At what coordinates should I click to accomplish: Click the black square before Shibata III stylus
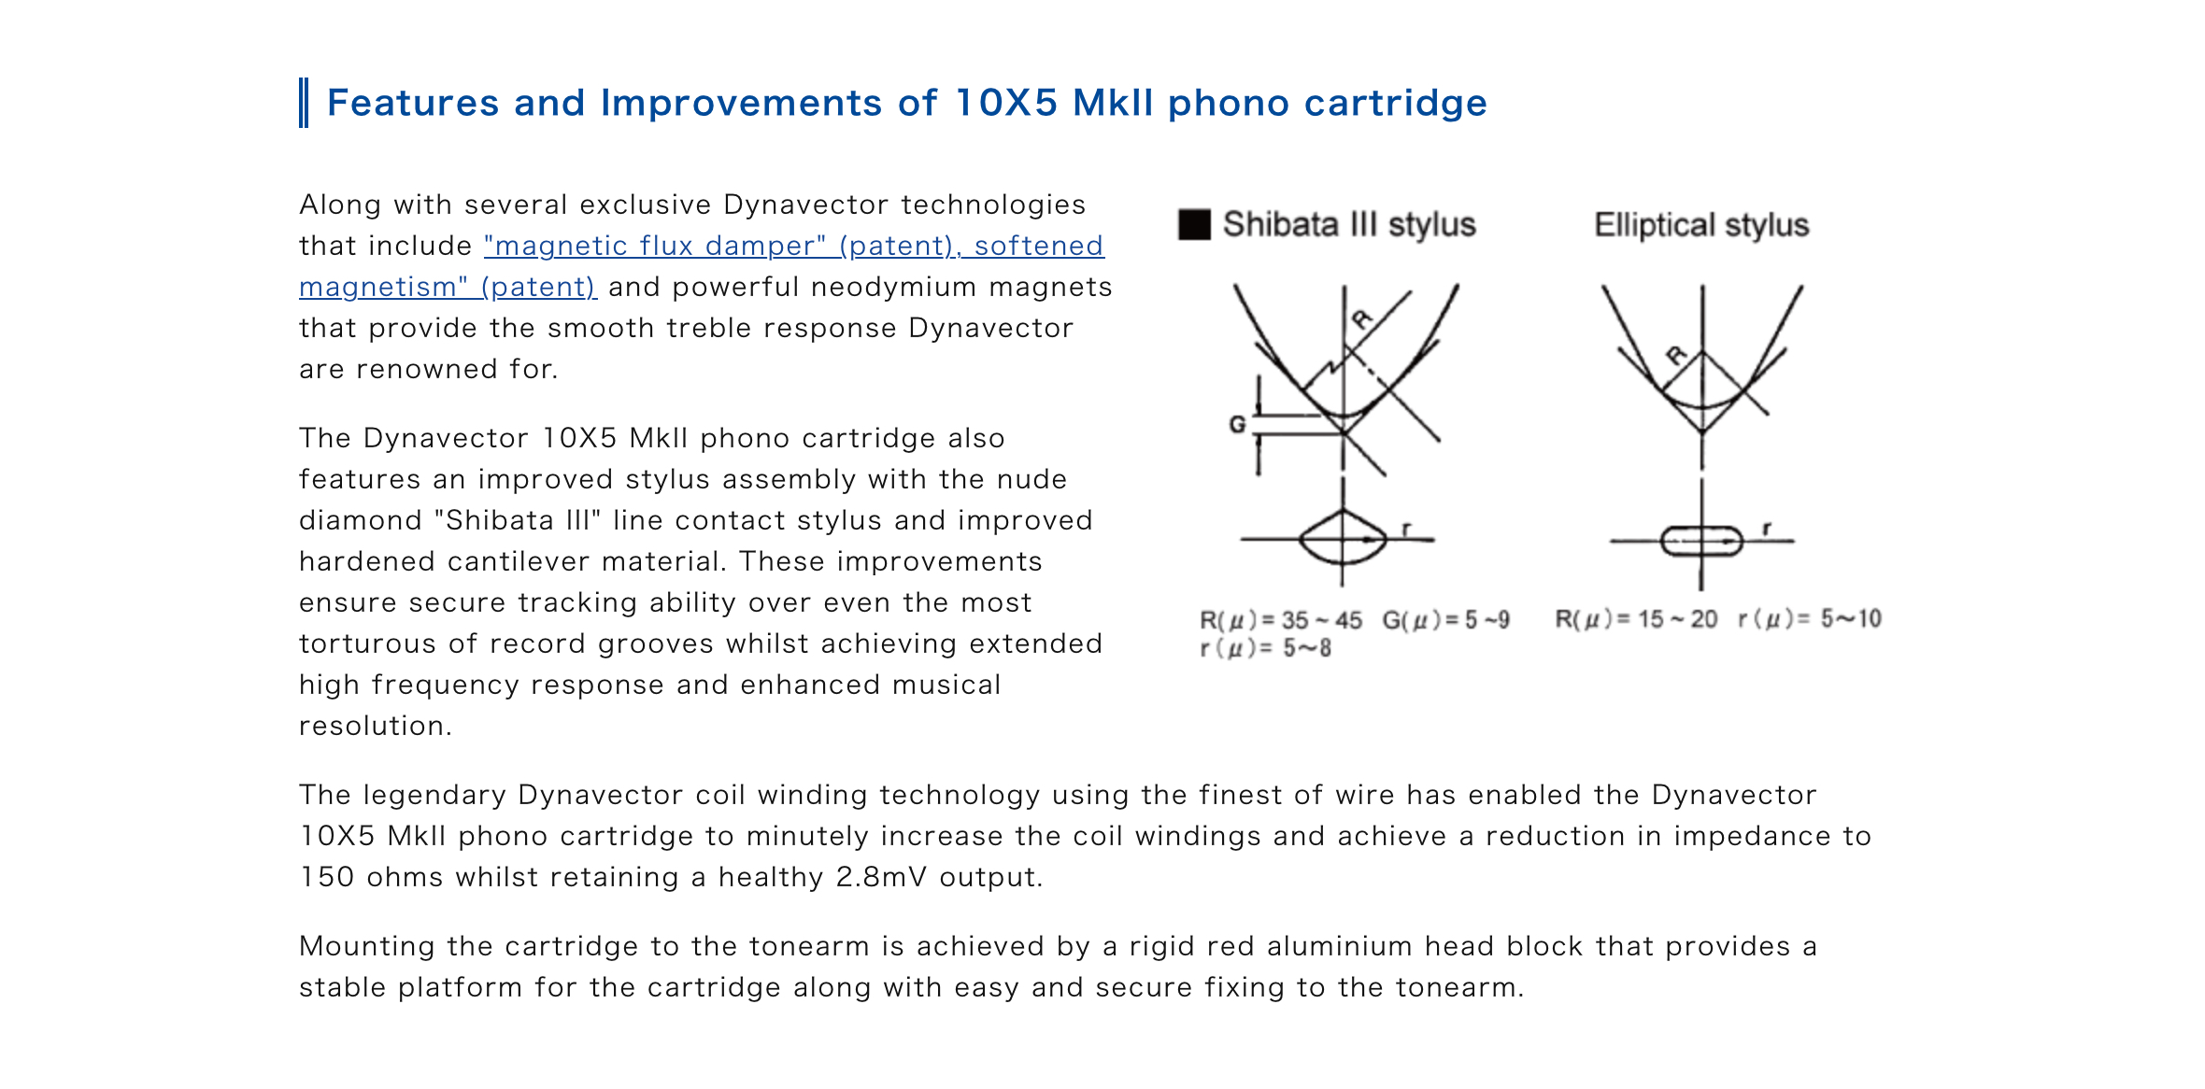pos(1194,225)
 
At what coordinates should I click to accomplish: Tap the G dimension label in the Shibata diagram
pos(1237,425)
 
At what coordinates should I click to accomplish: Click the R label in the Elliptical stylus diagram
pos(1676,355)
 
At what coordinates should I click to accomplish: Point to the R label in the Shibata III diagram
pos(1363,319)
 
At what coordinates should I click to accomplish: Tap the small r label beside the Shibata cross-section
pos(1406,530)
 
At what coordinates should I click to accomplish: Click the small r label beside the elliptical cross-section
pos(1766,529)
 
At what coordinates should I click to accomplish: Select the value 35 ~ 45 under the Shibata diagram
pos(1321,620)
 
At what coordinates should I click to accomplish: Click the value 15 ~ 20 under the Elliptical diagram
pos(1677,619)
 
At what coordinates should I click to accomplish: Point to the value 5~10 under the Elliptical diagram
pos(1851,618)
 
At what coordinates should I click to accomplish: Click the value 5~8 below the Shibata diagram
pos(1306,648)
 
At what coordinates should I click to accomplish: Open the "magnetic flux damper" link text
pos(656,246)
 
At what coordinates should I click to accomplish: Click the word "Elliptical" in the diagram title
pos(1655,225)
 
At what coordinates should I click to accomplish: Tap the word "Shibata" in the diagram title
pos(1281,225)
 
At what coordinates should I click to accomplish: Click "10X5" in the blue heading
pos(1006,103)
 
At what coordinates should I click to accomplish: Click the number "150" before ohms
pos(327,877)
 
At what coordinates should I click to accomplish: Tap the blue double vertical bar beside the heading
pos(304,103)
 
